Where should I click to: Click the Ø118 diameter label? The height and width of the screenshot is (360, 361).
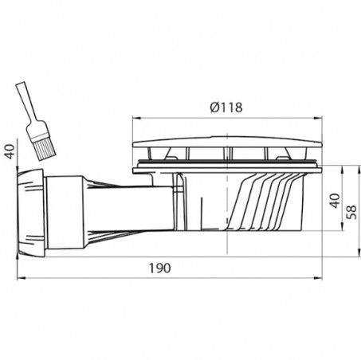click(x=226, y=108)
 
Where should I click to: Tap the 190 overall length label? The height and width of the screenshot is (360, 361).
click(x=159, y=268)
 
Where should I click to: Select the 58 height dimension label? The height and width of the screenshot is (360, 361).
click(x=351, y=212)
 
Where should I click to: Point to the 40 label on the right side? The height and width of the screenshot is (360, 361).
click(x=335, y=201)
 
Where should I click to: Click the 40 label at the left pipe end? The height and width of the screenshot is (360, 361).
click(x=10, y=151)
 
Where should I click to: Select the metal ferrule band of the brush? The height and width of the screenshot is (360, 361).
click(x=37, y=135)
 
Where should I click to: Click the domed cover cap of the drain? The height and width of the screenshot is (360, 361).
click(x=227, y=142)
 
